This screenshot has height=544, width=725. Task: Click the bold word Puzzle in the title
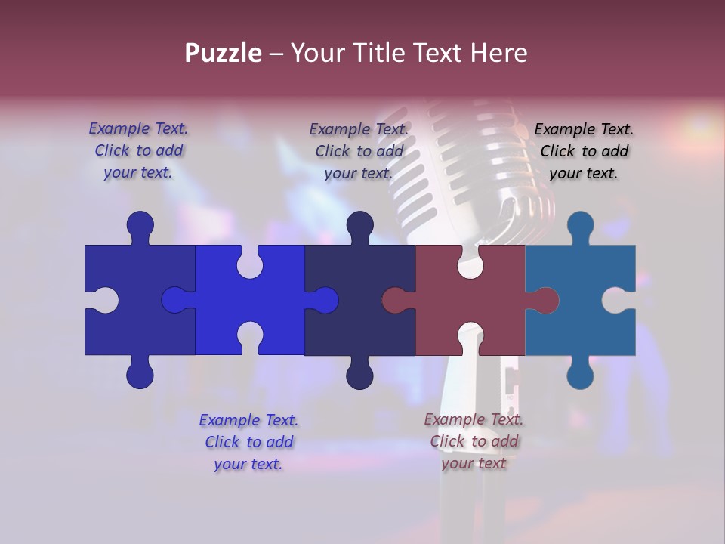pos(224,53)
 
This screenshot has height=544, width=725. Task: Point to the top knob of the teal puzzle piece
pos(580,225)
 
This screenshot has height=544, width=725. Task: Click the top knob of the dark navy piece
pos(359,225)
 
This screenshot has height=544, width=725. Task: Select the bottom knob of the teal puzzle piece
pos(580,375)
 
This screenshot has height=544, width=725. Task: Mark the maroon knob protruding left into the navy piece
pos(395,301)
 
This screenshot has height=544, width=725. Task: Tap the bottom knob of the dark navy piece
pos(359,375)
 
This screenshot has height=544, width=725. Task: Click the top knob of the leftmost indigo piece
pos(140,225)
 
